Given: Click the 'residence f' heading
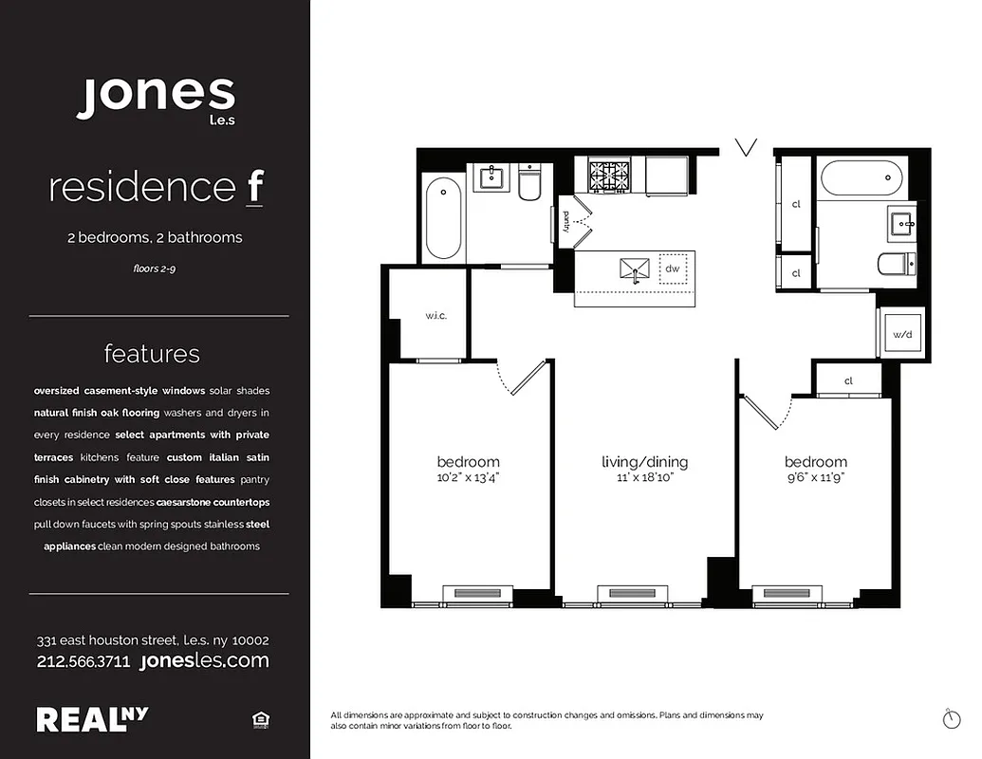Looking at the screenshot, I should point(156,187).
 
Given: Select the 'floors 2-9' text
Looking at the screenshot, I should point(155,269).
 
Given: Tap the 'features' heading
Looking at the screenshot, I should point(152,354).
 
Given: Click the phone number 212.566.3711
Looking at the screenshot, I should point(83,661).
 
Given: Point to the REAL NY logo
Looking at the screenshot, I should point(92,719).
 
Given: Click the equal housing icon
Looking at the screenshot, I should point(260,721).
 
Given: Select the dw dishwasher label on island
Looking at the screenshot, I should point(673,268).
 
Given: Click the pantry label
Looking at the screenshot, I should point(566,220).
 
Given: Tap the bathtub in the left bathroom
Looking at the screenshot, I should point(443,217).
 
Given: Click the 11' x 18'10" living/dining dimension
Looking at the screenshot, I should point(644,478).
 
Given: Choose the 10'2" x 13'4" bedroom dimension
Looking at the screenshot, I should point(468,478).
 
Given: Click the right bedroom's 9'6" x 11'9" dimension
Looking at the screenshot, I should point(815,478).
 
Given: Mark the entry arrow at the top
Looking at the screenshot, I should point(747,147).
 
